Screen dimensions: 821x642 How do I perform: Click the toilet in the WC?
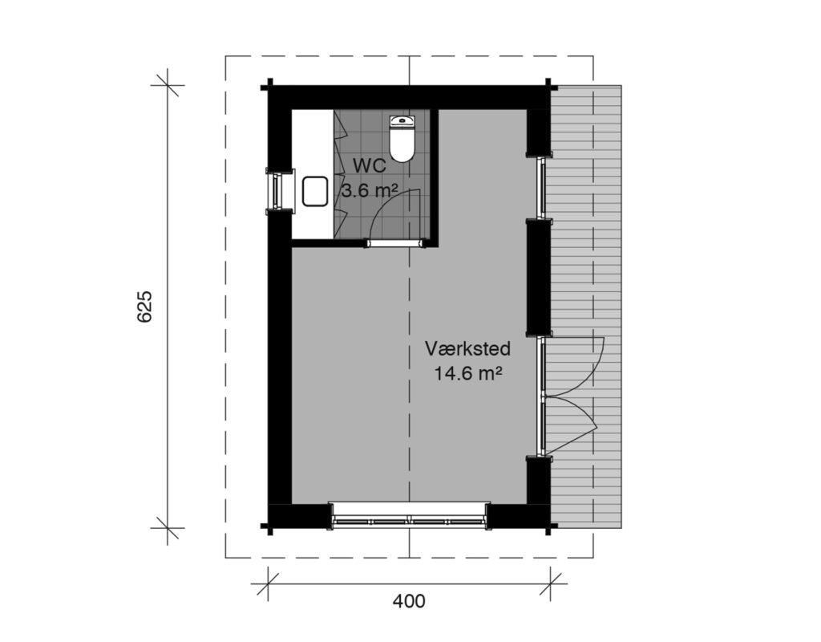point(402,138)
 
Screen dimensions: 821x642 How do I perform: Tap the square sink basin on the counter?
point(315,191)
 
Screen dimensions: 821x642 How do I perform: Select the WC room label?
point(369,165)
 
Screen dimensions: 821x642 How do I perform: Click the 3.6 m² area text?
point(370,190)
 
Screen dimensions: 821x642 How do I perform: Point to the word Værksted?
point(467,348)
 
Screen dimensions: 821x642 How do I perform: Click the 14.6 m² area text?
point(468,374)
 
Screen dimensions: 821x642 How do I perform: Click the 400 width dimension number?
point(409,601)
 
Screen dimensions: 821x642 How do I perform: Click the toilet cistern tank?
point(402,121)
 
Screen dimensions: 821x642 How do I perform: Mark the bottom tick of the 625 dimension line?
point(168,528)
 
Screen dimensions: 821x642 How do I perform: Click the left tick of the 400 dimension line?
point(268,583)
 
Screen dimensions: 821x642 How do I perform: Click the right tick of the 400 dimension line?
point(550,583)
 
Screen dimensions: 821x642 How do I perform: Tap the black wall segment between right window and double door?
point(539,277)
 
